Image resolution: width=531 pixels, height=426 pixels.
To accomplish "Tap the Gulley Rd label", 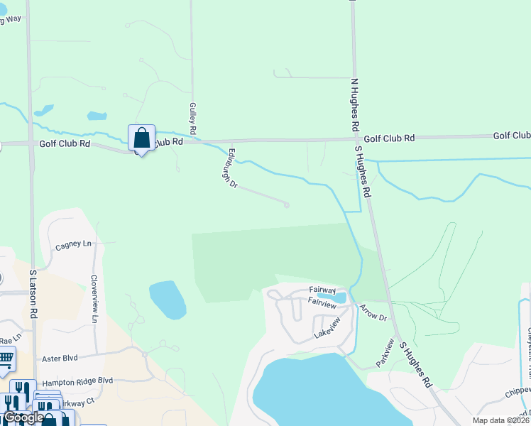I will point(192,119).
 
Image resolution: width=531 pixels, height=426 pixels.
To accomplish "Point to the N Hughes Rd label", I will point(353,104).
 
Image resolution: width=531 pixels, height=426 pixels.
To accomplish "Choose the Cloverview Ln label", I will point(94,299).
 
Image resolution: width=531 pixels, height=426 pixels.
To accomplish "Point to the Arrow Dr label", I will point(373,312).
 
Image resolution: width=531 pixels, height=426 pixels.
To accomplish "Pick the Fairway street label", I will point(322,290).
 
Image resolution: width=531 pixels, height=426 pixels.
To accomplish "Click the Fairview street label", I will point(322,302).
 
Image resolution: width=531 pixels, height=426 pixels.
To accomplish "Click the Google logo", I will point(23,418).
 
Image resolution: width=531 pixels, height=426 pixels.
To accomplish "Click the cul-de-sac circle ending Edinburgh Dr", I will point(287,205).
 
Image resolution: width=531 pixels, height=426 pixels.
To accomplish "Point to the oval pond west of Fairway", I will point(168,299).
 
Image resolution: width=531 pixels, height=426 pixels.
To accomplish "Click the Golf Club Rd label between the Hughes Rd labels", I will point(389,138).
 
